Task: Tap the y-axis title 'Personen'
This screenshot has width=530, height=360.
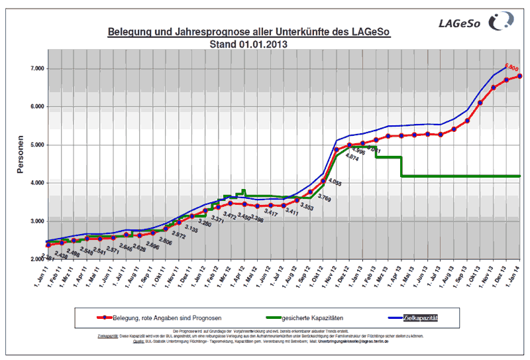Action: click(x=20, y=154)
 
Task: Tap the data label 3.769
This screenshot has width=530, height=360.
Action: click(x=325, y=198)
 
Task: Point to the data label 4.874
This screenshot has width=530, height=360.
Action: click(x=352, y=158)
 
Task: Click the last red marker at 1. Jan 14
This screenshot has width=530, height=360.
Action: click(x=520, y=76)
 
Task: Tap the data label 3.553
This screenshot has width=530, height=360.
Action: click(x=306, y=207)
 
